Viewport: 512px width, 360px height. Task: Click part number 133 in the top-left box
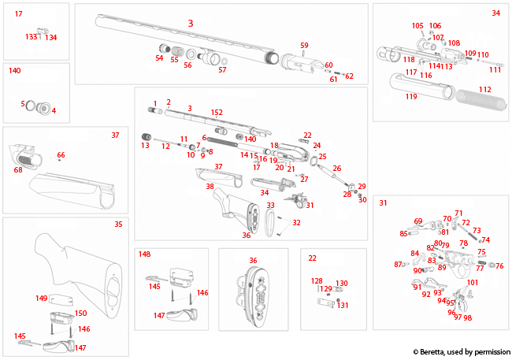[x=31, y=37]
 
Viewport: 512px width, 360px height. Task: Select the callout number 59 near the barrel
[x=304, y=45]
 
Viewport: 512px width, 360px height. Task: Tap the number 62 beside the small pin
[x=349, y=76]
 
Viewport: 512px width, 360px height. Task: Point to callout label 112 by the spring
[x=485, y=90]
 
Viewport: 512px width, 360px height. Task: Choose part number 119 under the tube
[x=411, y=97]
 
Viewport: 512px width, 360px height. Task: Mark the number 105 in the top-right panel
[x=417, y=25]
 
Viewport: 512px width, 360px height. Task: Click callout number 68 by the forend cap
[x=18, y=169]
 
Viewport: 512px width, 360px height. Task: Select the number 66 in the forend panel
[x=61, y=155]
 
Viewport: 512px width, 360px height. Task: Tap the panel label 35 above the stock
[x=118, y=225]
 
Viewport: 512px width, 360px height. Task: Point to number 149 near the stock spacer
[x=42, y=299]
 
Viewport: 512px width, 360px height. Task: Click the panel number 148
[x=144, y=254]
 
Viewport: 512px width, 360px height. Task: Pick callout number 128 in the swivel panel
[x=317, y=280]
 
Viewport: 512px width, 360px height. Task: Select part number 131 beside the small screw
[x=343, y=306]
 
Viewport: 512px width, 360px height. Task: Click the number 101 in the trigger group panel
[x=473, y=282]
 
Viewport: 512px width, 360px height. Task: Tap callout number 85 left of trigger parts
[x=404, y=233]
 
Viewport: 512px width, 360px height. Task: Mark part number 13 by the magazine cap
[x=145, y=146]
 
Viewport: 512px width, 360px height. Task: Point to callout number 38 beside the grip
[x=210, y=187]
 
